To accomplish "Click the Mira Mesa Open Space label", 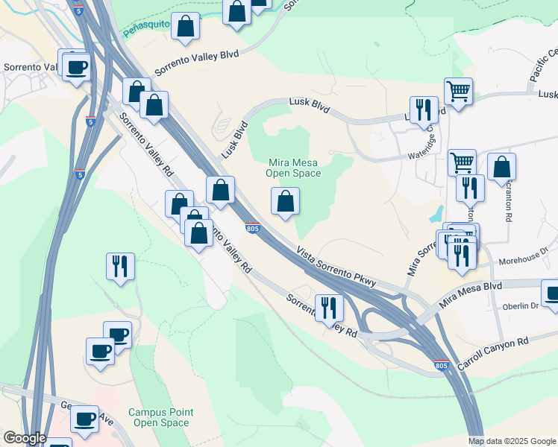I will tap(293, 168).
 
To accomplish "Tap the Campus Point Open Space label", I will tap(160, 417).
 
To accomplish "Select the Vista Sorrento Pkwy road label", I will tap(346, 269).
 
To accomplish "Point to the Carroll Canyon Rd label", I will tap(495, 341).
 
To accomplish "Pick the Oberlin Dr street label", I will tap(520, 306).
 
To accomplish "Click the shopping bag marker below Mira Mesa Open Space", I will tap(285, 201).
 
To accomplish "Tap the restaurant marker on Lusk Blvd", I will tap(424, 110).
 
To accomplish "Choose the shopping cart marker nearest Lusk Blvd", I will tap(458, 92).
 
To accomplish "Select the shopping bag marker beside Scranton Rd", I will tap(503, 168).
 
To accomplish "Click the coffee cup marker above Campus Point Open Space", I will tap(100, 351).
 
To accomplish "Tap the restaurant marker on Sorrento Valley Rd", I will tap(329, 307).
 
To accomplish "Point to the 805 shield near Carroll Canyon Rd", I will tap(441, 366).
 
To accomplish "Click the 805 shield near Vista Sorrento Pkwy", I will tap(253, 229).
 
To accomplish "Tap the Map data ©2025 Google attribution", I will tap(511, 441).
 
